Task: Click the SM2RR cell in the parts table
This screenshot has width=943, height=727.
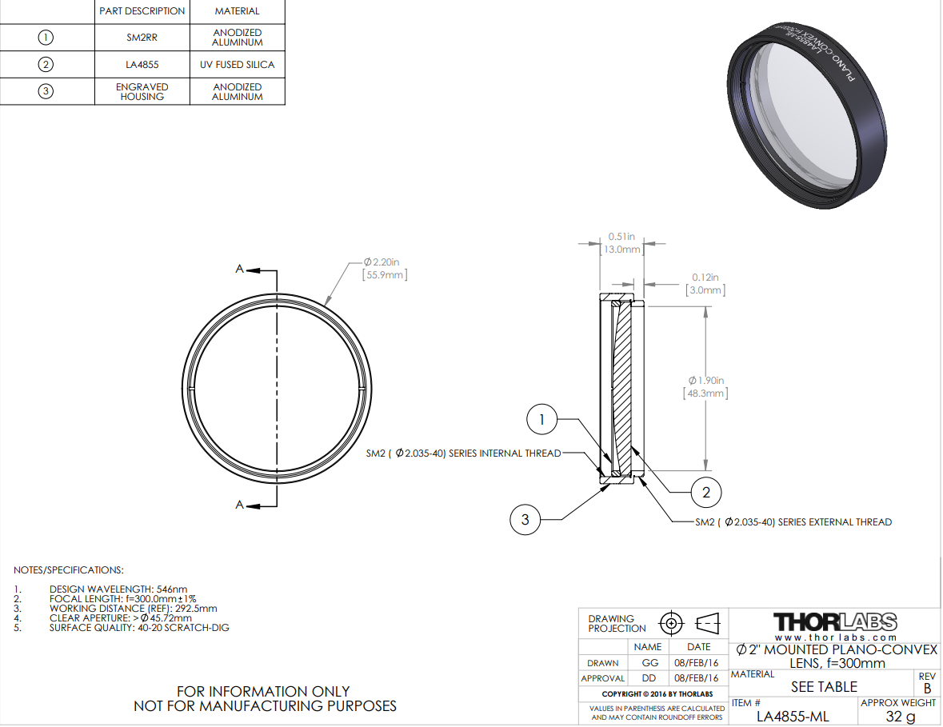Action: pyautogui.click(x=142, y=38)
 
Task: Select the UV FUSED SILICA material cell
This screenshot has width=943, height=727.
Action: pyautogui.click(x=237, y=64)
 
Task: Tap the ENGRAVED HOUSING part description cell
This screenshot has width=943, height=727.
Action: pyautogui.click(x=142, y=91)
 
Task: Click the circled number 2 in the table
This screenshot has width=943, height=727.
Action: pyautogui.click(x=46, y=64)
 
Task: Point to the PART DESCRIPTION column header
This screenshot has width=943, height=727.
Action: pyautogui.click(x=142, y=11)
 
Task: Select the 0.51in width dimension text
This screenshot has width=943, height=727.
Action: pyautogui.click(x=621, y=236)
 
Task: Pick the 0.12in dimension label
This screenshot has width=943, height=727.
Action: pyautogui.click(x=705, y=278)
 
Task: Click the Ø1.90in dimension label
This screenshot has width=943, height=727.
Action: pyautogui.click(x=706, y=380)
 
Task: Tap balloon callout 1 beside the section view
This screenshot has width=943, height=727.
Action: pyautogui.click(x=541, y=419)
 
